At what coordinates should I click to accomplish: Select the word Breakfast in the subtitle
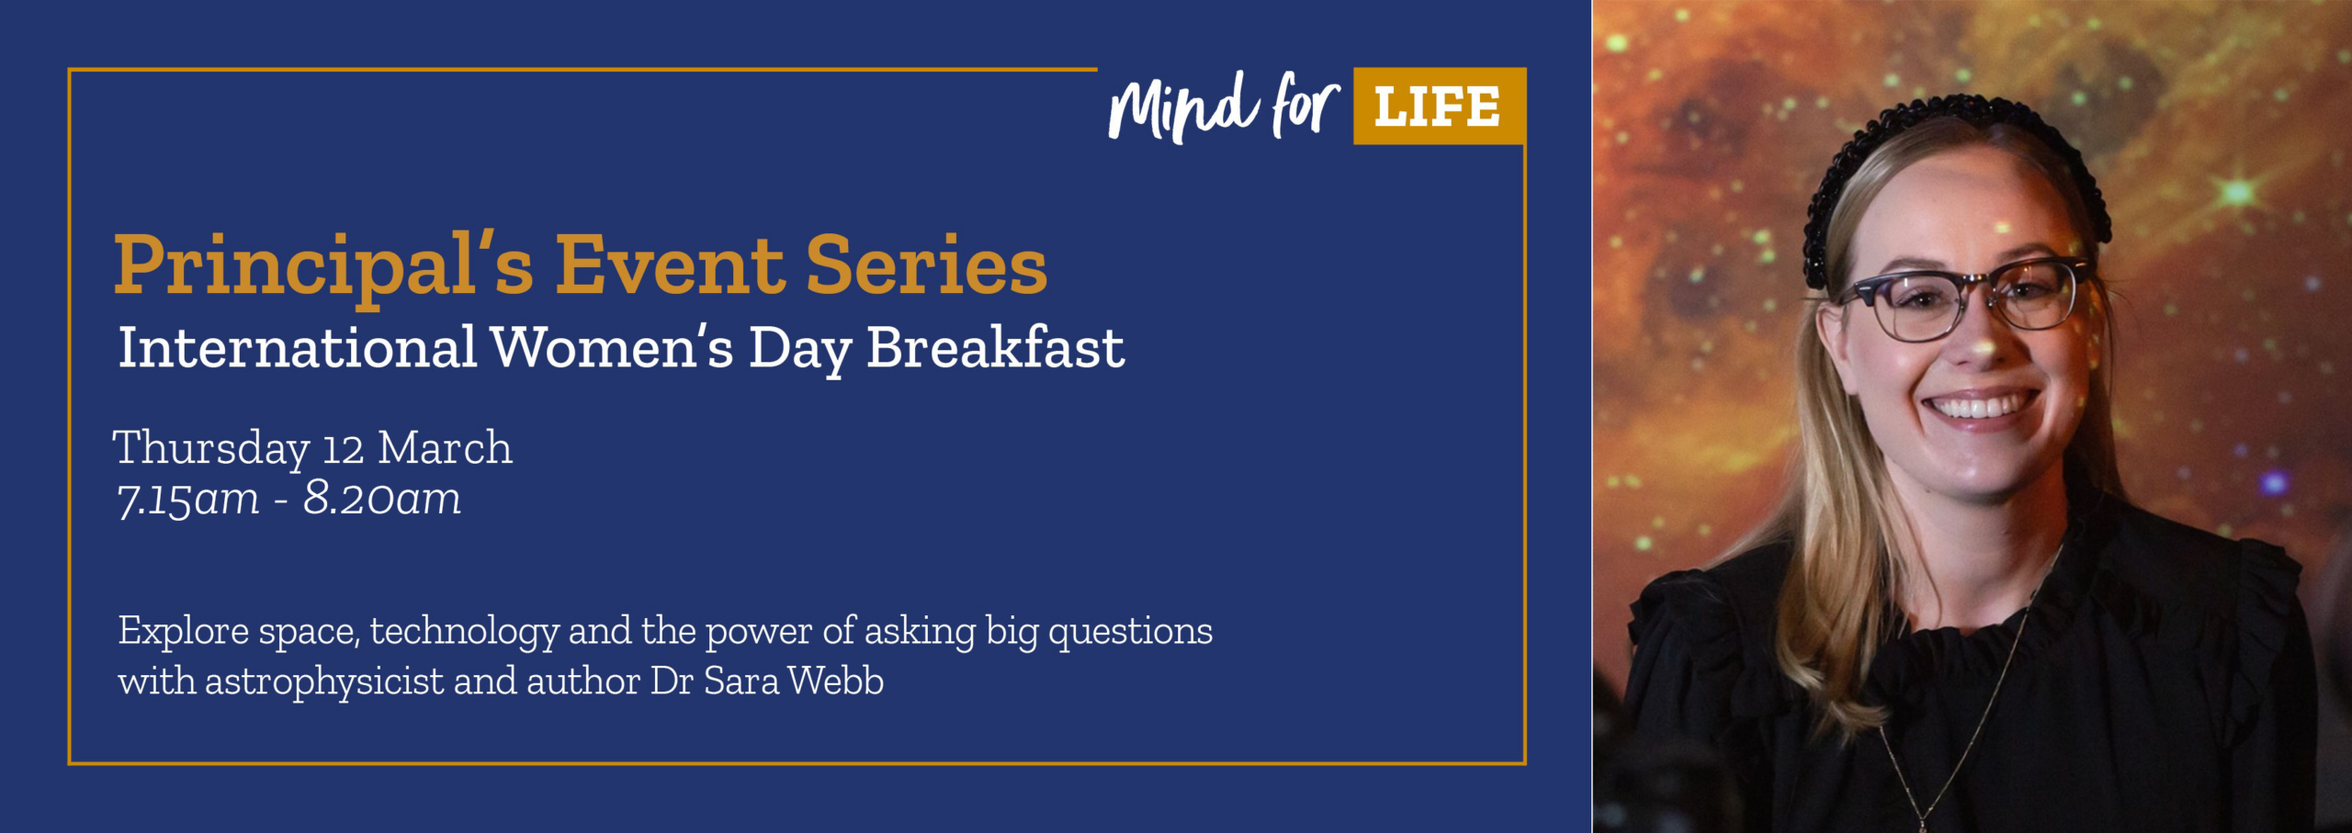tap(995, 349)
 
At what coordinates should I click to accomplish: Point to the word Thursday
tap(210, 449)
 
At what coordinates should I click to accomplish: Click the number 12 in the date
tap(344, 450)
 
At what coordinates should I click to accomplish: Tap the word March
tap(446, 448)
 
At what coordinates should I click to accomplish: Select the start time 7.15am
tap(188, 500)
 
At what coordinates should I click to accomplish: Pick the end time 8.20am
tap(382, 500)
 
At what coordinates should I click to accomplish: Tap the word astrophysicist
tap(324, 681)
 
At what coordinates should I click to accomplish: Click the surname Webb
tap(835, 681)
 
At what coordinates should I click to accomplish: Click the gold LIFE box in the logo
tap(1438, 107)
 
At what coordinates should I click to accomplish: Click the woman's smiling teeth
tap(1979, 406)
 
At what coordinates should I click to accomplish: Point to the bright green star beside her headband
tap(2237, 192)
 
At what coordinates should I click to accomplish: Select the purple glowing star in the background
tap(2274, 482)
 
